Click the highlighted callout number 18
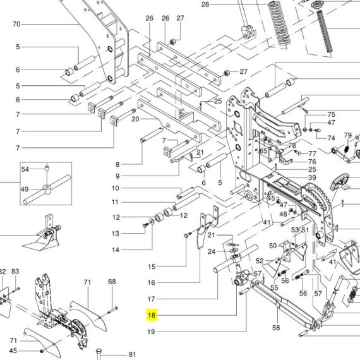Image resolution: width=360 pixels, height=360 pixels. [152, 315]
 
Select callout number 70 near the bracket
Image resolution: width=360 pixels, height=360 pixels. [16, 24]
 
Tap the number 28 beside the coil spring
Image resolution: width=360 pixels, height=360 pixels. [205, 4]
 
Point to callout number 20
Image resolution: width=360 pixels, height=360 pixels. [135, 119]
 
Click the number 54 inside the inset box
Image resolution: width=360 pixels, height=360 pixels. [25, 169]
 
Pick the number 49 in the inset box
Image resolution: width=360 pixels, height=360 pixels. [25, 189]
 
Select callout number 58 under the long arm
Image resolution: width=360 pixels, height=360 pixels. [276, 327]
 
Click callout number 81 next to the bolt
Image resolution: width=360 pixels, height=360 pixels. [132, 354]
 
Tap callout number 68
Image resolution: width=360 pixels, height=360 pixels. [112, 282]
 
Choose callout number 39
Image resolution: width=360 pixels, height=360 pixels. [312, 177]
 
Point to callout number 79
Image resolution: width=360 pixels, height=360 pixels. [347, 135]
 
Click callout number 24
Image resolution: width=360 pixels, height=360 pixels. [212, 251]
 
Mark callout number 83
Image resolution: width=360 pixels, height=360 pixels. [15, 271]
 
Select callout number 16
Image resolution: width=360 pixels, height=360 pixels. [152, 282]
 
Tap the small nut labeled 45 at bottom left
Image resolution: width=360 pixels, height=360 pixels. [42, 351]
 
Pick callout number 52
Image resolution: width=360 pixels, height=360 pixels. [260, 261]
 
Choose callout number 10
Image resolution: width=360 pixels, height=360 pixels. [116, 188]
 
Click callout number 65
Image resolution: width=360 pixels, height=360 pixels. [263, 150]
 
